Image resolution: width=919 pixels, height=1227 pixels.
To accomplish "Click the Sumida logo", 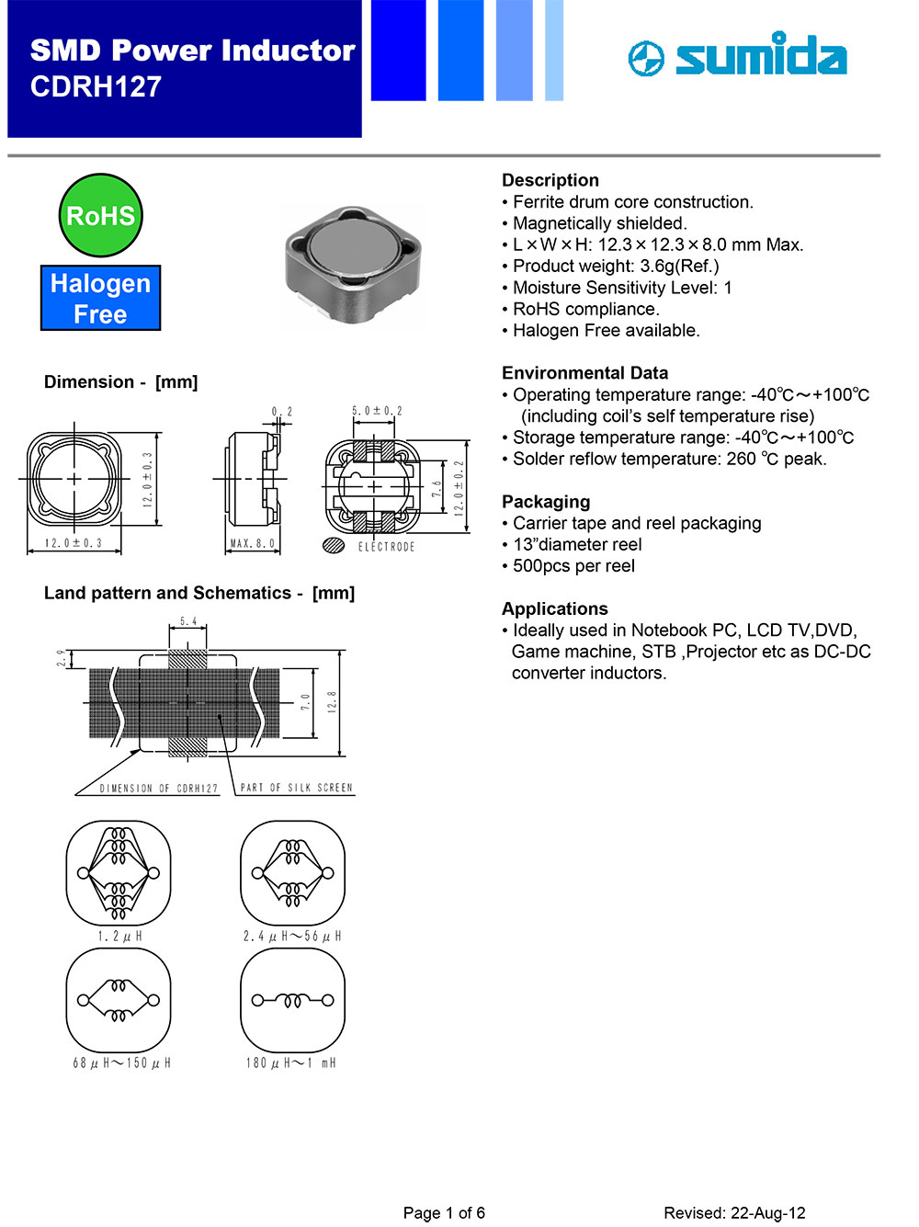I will pos(738,55).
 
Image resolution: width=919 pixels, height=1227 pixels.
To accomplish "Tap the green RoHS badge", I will pos(100,216).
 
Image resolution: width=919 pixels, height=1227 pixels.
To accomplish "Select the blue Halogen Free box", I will pos(100,299).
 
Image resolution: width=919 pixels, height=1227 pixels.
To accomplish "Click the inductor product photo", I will pos(353,265).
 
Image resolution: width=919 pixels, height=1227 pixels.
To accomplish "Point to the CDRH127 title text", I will pos(96,87).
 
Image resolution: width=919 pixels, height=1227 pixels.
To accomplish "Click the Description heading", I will pos(550,180).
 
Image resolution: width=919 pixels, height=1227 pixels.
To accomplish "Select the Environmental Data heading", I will pos(584,373).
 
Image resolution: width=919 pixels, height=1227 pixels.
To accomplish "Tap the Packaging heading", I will pos(546,502).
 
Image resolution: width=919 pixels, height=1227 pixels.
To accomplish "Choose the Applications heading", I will pos(554,608).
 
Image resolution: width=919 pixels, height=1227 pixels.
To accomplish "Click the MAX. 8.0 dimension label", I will pos(252,544).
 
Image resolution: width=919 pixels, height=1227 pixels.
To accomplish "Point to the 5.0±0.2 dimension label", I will pos(377,411).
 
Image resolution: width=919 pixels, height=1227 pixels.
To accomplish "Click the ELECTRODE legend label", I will pos(386,547).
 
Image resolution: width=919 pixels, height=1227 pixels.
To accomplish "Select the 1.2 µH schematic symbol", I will pos(119,873).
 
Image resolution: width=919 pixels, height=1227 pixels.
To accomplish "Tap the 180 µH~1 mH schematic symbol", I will pos(292,1000).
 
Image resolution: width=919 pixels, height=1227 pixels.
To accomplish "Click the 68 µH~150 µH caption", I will pos(121,1063).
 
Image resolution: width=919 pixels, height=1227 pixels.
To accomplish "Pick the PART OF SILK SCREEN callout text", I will pos(296,788).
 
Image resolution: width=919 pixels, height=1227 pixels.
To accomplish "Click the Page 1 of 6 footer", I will pos(444,1213).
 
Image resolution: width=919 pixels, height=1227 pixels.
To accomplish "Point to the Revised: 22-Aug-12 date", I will pos(734,1213).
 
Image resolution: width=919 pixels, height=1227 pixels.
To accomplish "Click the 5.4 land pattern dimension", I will pos(188,622).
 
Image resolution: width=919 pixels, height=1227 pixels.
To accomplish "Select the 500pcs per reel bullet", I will pos(573,566).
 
